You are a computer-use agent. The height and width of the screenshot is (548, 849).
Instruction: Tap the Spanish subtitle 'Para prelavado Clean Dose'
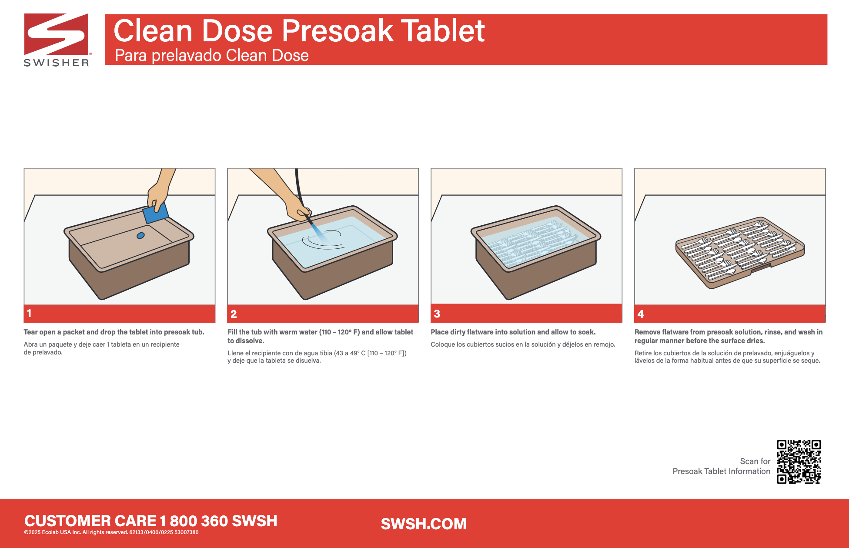coord(212,56)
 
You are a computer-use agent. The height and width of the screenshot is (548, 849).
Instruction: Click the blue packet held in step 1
coord(155,213)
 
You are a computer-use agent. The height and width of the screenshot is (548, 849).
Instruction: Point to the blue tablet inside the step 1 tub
coord(140,236)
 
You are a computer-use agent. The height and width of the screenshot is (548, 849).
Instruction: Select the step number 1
coord(29,313)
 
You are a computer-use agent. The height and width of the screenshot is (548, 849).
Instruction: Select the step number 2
coord(234,314)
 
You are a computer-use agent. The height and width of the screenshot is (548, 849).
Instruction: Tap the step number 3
coord(437,314)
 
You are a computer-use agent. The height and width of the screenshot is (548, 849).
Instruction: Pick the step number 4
coord(641,314)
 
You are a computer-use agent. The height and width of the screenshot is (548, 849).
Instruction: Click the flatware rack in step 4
coord(740,252)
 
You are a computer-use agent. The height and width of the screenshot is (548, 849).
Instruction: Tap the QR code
coord(799,461)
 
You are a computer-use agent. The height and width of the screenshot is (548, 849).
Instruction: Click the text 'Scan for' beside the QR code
coord(755,461)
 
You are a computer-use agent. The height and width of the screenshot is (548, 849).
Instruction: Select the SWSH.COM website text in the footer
coord(424,524)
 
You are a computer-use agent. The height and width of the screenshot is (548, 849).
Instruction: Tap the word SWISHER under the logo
coord(57,63)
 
